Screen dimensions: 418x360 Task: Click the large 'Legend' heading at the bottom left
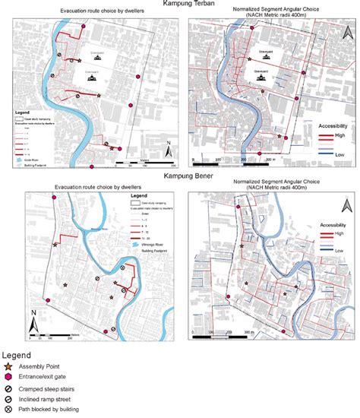(x=16, y=354)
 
